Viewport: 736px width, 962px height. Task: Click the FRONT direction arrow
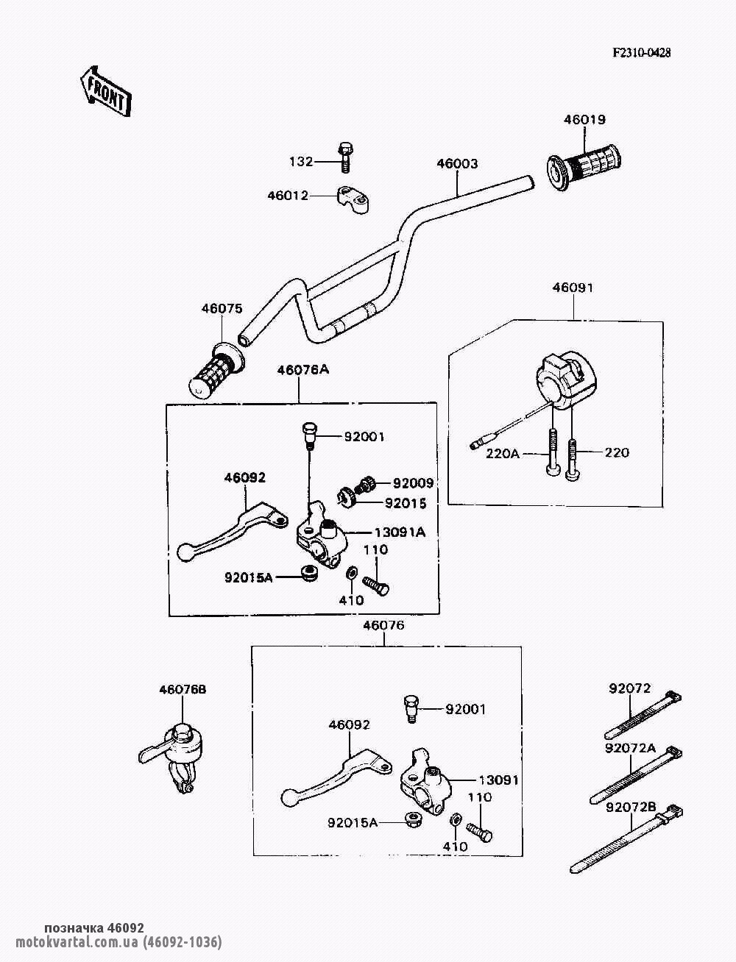point(104,90)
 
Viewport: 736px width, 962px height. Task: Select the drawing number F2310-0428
point(643,53)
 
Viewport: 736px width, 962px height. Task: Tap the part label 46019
point(584,119)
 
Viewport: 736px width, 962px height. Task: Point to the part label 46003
point(457,163)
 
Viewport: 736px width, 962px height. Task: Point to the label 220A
point(503,453)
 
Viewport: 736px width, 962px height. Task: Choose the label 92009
point(413,483)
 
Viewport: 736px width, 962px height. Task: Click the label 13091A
point(400,532)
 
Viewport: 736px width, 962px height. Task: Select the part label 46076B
point(183,689)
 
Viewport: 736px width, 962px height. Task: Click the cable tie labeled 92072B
point(626,838)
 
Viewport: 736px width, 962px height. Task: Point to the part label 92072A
point(630,748)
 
